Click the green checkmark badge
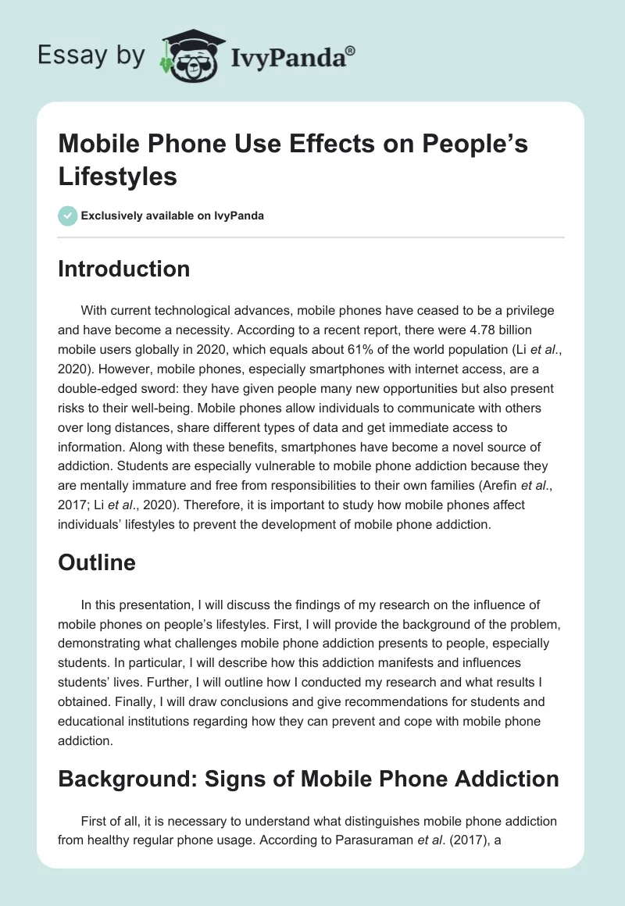point(67,216)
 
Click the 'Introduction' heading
point(124,269)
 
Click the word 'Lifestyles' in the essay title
point(118,176)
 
